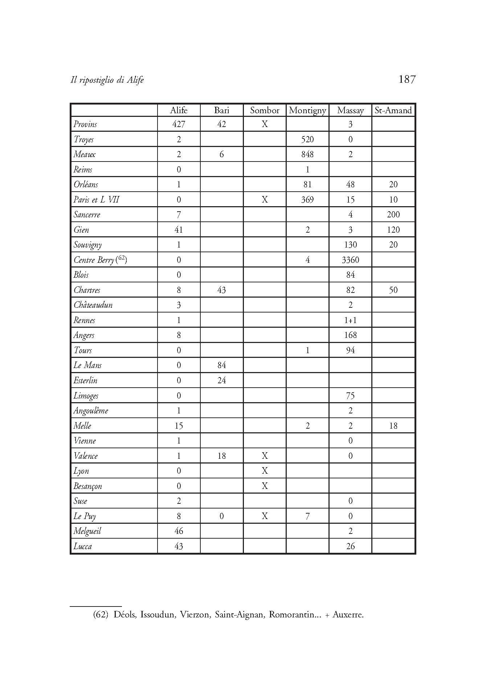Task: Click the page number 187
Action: tap(407, 79)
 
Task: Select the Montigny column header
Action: tap(307, 110)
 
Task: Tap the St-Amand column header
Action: tap(393, 110)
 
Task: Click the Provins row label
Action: tap(85, 124)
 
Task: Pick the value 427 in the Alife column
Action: tap(179, 124)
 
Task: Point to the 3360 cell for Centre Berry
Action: tap(350, 260)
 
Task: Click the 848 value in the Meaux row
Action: tap(307, 154)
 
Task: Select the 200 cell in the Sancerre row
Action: tap(393, 215)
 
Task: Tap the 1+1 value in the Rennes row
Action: tap(350, 320)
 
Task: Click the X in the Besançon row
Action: tap(265, 486)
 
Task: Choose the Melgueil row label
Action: tap(87, 531)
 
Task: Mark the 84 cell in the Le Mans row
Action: tap(221, 365)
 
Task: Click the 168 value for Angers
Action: tap(350, 335)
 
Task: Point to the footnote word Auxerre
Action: tap(348, 614)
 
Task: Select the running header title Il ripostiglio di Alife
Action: tap(107, 80)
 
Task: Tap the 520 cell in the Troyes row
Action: tap(307, 139)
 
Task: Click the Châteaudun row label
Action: tap(93, 305)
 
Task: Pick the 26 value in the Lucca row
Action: tap(350, 546)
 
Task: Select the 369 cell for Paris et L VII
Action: tap(307, 200)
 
